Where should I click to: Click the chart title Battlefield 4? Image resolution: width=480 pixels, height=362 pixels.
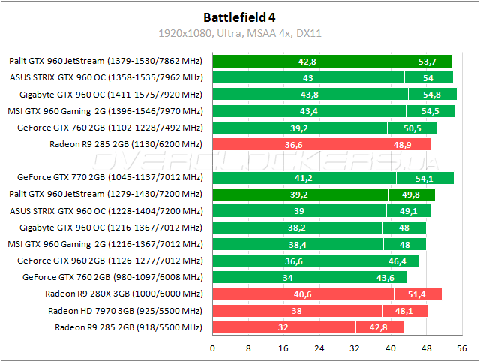point(240,17)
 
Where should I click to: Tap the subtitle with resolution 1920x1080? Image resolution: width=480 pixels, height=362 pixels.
point(240,33)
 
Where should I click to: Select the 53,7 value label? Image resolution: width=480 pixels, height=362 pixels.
point(427,62)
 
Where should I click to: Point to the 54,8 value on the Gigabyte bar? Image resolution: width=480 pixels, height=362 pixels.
point(432,95)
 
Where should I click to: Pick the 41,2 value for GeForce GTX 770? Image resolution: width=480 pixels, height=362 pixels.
point(304,178)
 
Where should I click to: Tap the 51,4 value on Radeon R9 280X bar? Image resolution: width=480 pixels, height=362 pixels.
point(418,294)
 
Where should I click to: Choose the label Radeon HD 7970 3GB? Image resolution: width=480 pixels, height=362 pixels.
point(125,311)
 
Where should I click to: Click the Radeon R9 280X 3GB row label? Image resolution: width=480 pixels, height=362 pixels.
point(124,294)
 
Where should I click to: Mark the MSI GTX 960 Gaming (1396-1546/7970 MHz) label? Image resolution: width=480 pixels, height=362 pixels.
point(106,111)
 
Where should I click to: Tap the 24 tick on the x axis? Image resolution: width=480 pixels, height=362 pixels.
point(319,348)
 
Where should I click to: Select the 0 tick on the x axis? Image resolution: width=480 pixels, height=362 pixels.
point(213,348)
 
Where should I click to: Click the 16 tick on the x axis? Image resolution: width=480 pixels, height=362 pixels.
point(283,348)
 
